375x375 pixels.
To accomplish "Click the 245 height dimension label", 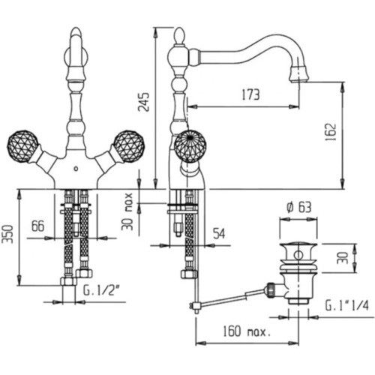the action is (144, 102).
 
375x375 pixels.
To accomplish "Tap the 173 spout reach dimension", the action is (250, 94).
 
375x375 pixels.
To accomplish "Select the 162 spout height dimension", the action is (331, 132).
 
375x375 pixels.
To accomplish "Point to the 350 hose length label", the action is (7, 234).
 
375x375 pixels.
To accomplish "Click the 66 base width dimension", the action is (37, 226).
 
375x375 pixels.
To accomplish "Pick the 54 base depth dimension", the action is (219, 233).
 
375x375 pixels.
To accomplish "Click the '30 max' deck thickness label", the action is (128, 211).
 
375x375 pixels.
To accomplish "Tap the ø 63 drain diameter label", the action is (299, 207).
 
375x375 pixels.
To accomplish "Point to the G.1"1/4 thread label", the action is (347, 305).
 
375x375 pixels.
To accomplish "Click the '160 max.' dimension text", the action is (247, 331).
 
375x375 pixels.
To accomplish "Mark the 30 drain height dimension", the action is (343, 258).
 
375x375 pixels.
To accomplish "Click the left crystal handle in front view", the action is (23, 145).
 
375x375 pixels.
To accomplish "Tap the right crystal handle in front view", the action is (129, 146).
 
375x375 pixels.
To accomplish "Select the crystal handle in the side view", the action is (190, 145).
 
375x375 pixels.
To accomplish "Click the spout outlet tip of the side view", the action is (299, 80).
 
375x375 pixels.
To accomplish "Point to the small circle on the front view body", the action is (76, 169).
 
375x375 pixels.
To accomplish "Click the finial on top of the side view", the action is (179, 36).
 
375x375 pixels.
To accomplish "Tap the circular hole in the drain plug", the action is (298, 255).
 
